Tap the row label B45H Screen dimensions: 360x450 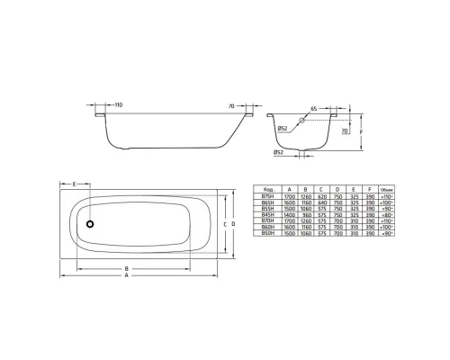point(268,215)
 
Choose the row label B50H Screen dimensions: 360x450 point(268,240)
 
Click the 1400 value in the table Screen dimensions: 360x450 point(290,215)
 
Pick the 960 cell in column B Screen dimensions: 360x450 point(309,215)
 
